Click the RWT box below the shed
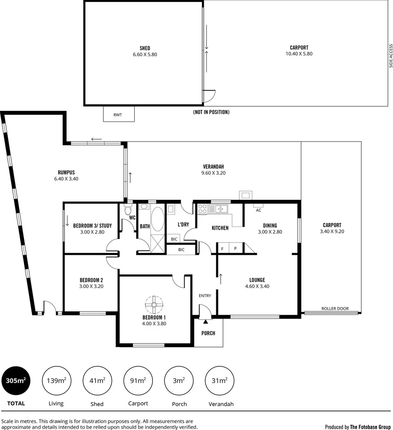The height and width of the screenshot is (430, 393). (119, 114)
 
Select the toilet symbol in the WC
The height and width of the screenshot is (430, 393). (128, 210)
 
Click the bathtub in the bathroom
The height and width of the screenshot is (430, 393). (157, 219)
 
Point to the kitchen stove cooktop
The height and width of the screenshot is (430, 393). (203, 209)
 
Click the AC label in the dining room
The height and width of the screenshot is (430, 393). (258, 210)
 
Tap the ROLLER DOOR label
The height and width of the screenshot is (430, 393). (335, 309)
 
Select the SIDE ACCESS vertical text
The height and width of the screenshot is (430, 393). (391, 55)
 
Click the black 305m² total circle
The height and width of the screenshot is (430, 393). (16, 381)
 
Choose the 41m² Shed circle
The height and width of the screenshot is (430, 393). (97, 381)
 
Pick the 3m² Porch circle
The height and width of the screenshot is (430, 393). (178, 381)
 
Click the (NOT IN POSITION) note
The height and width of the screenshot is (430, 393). (211, 112)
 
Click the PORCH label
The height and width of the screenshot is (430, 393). (208, 333)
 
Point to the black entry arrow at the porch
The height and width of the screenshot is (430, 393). (205, 321)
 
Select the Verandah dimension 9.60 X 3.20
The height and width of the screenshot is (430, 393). (213, 173)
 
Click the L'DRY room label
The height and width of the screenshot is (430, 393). (183, 225)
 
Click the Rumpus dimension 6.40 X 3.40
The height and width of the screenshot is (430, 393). (66, 179)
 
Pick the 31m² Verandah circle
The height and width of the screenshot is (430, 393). (219, 381)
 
